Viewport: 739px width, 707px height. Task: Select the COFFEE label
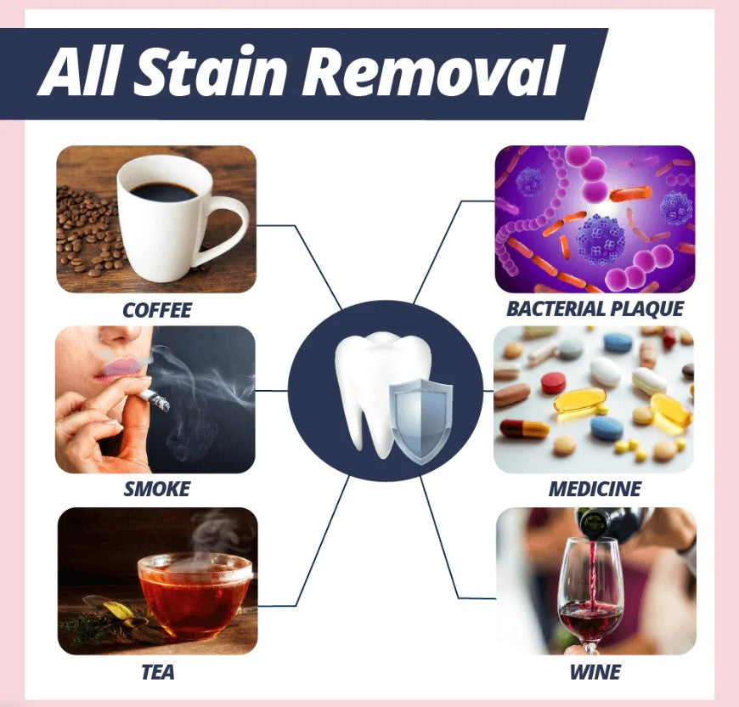tap(157, 310)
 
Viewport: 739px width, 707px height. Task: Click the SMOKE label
tap(157, 489)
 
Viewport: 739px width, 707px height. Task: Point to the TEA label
tap(158, 672)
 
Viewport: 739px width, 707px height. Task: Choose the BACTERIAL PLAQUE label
tap(595, 308)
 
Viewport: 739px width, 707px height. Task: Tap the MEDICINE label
tap(595, 489)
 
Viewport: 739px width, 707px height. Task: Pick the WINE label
tap(595, 672)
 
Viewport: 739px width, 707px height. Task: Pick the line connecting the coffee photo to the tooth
tap(306, 255)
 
